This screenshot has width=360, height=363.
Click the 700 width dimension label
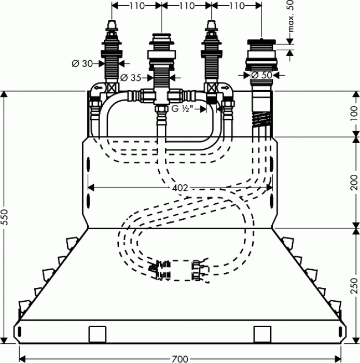click(180, 358)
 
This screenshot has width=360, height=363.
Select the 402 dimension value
click(179, 187)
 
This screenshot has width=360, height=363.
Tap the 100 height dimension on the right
click(354, 113)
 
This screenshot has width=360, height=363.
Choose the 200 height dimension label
click(354, 181)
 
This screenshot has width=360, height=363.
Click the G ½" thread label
click(183, 109)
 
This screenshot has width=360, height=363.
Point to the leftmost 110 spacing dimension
click(136, 6)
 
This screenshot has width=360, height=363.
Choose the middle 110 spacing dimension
click(186, 6)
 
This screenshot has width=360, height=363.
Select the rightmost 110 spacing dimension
click(236, 6)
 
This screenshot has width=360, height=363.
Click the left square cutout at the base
click(97, 333)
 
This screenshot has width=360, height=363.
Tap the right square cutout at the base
click(262, 333)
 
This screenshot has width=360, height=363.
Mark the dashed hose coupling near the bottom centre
click(179, 269)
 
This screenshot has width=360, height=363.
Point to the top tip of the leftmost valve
click(112, 23)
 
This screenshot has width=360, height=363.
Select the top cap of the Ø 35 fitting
click(161, 38)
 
